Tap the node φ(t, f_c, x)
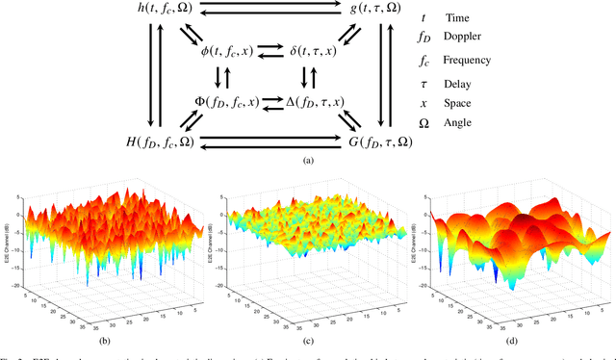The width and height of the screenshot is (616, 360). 230,49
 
